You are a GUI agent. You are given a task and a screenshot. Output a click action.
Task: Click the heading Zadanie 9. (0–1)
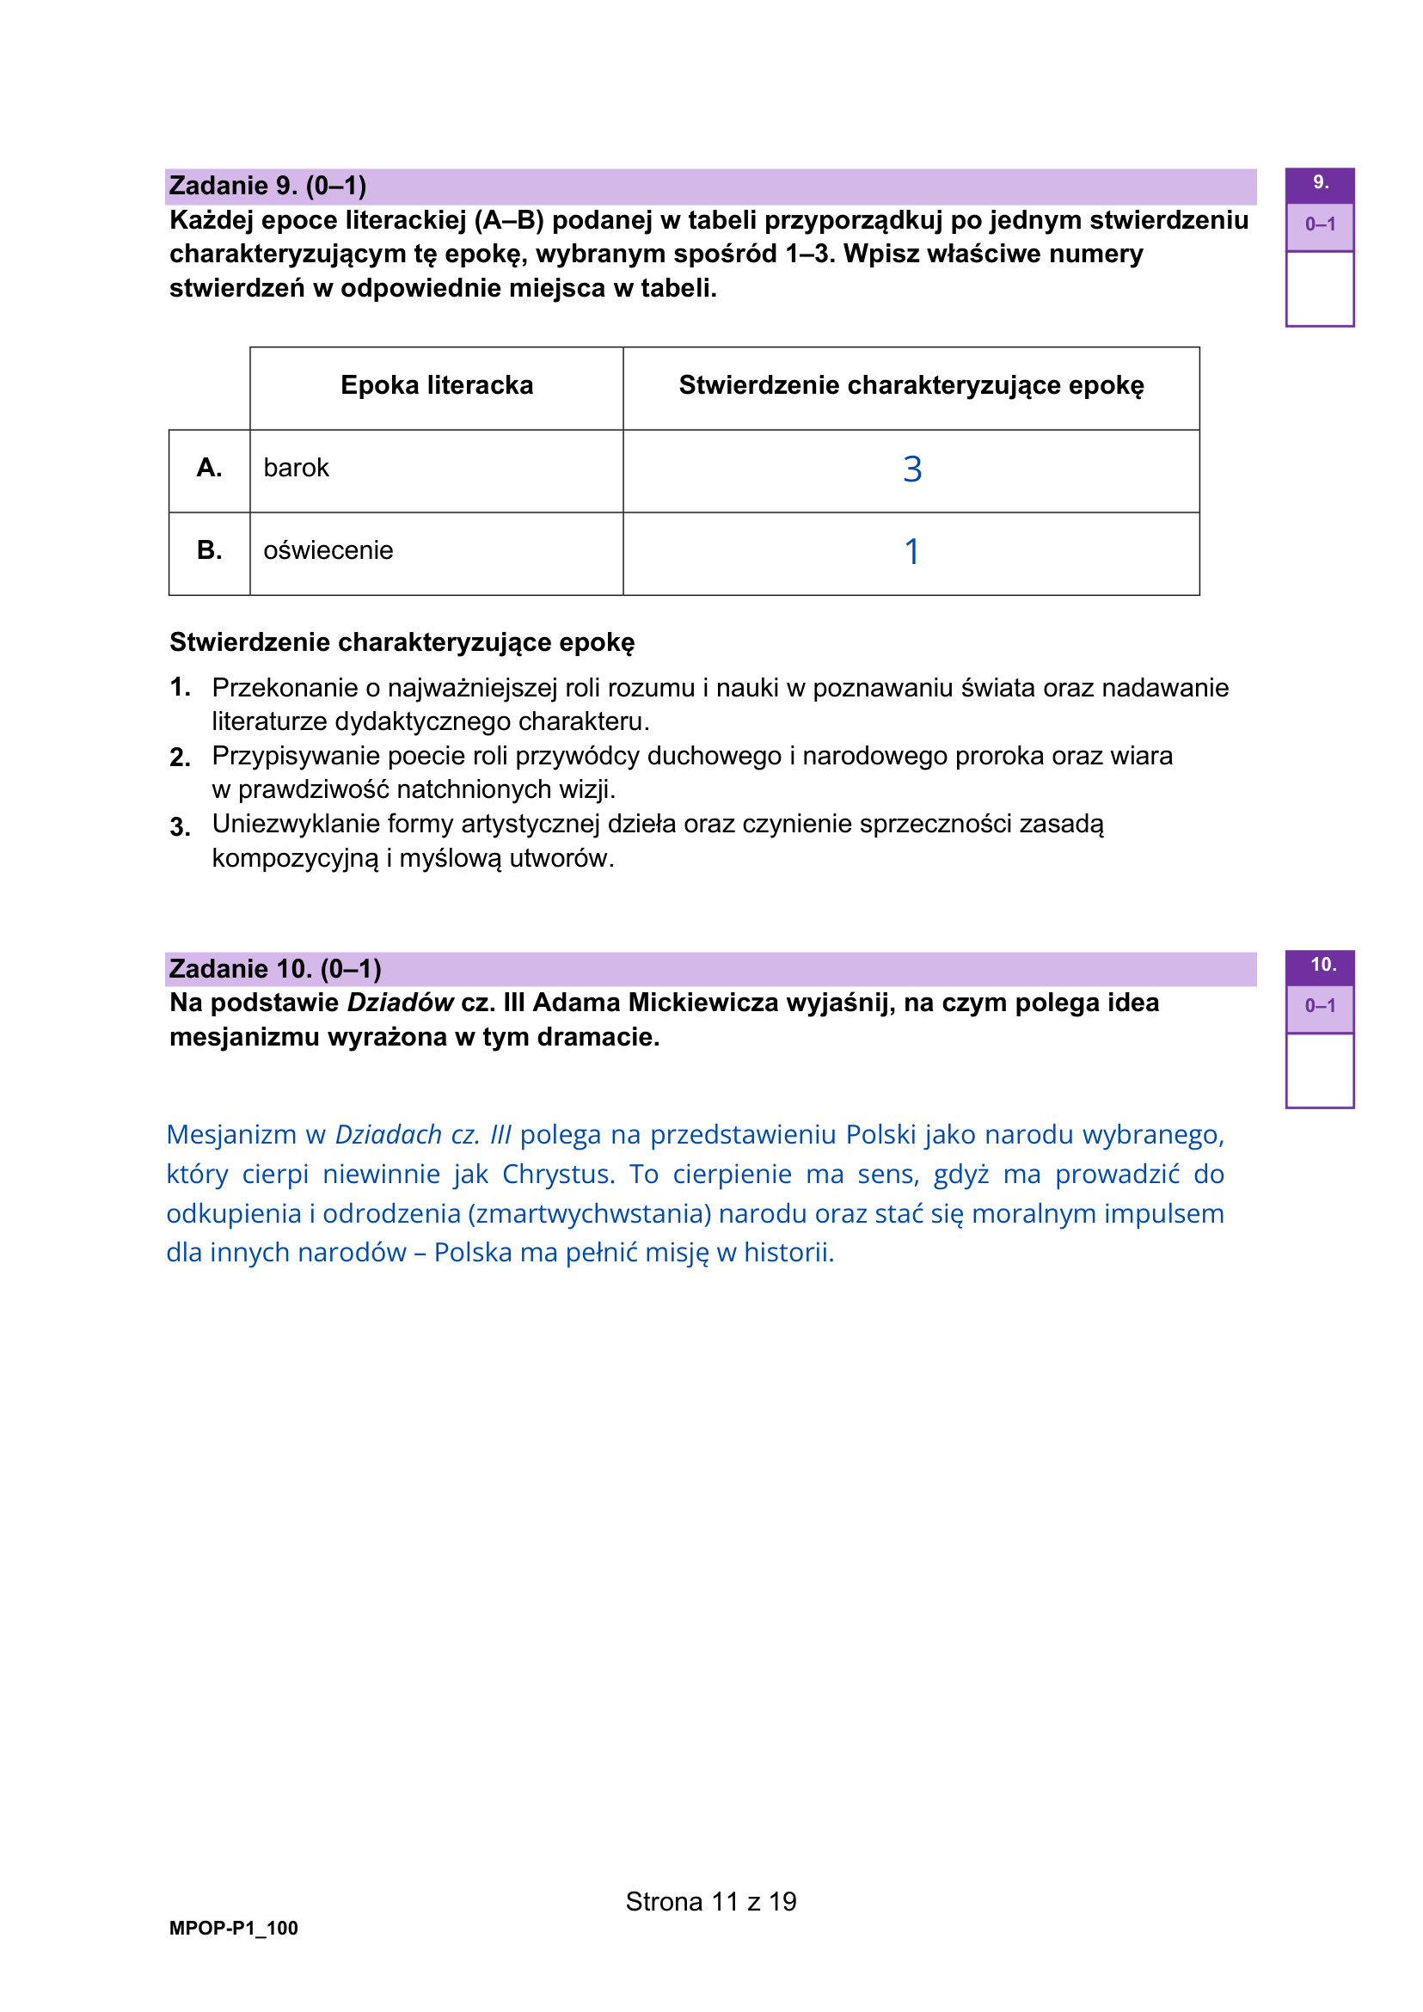coord(267,186)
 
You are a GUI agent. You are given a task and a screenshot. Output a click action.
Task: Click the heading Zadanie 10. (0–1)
coord(275,968)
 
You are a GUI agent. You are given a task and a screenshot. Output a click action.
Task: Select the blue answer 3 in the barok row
coord(912,469)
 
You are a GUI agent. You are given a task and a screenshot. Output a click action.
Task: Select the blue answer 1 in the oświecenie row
coord(912,552)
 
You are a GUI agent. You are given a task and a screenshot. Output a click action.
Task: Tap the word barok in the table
coord(296,468)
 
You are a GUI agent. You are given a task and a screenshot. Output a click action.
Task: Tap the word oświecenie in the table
coord(328,550)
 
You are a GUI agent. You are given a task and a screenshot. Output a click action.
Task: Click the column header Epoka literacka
coord(437,385)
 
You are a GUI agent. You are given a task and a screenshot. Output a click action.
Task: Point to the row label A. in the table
coord(210,468)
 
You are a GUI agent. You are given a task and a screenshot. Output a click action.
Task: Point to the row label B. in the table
coord(210,550)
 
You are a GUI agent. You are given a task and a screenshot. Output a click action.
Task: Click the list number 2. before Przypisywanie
coord(180,758)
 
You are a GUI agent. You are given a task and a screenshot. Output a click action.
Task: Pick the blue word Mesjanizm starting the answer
coord(231,1135)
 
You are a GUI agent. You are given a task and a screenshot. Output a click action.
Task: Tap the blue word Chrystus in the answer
coord(558,1175)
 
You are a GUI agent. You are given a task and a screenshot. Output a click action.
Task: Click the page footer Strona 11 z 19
coord(710,1902)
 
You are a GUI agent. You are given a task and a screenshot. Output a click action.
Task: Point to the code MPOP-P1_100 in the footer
coord(233,1928)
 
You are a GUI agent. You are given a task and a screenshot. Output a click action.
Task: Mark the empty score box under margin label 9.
coord(1320,288)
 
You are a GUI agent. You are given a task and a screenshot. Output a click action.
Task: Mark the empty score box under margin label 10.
coord(1320,1070)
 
